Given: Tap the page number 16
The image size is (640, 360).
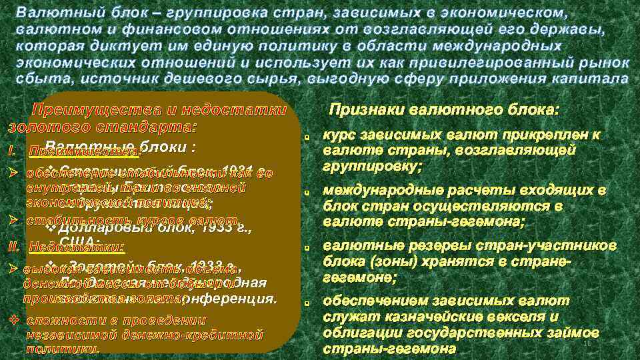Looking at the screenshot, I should pyautogui.click(x=587, y=343).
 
